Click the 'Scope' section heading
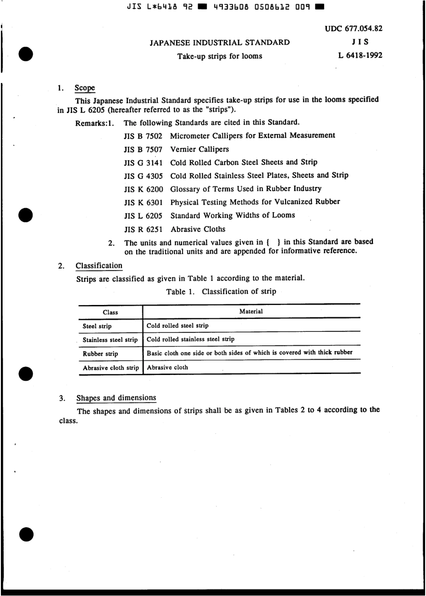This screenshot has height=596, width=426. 85,88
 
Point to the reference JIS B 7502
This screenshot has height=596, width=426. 143,136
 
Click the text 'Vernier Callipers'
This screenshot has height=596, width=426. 200,149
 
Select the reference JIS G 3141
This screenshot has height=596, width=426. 143,162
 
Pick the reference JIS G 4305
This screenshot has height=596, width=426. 143,176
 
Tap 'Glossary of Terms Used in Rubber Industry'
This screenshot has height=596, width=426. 246,189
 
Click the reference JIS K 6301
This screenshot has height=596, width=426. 143,202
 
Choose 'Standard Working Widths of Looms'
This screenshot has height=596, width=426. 233,216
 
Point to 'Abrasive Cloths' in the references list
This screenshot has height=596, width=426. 198,229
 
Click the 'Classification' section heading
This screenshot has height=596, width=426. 99,266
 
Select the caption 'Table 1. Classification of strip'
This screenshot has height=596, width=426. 221,292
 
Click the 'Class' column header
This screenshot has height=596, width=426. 110,313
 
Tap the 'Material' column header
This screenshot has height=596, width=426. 251,312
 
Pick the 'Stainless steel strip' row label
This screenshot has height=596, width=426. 110,340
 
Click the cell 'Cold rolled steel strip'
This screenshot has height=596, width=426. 178,326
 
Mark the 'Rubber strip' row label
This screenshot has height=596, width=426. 100,354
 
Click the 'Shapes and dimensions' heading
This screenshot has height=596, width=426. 116,398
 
